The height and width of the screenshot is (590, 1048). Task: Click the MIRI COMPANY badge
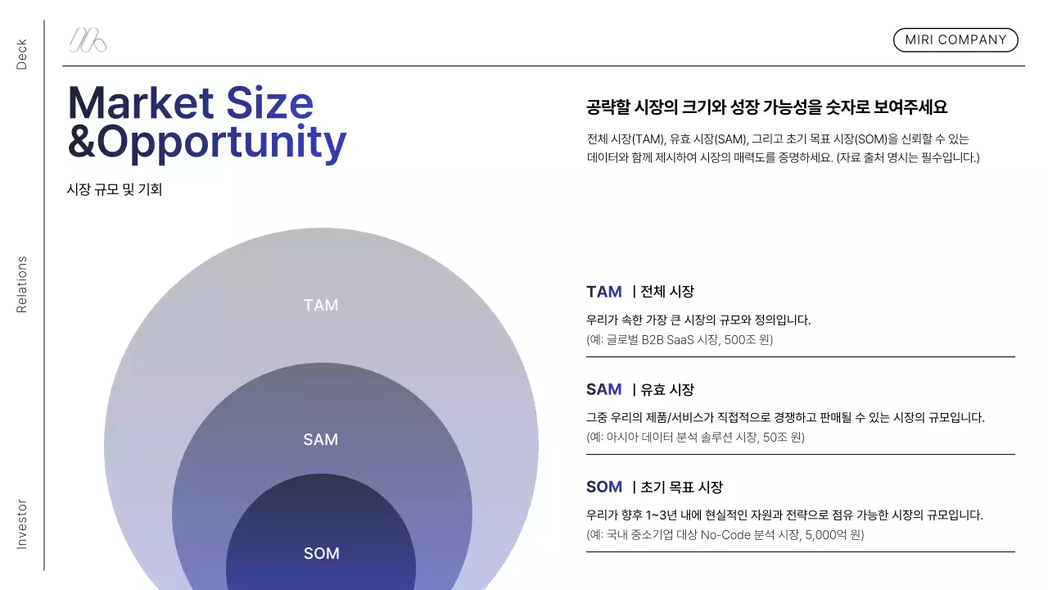click(x=955, y=40)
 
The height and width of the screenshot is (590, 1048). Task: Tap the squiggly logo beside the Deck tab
click(x=88, y=40)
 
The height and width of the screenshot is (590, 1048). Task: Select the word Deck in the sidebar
click(x=22, y=54)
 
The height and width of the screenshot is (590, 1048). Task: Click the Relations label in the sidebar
click(x=22, y=284)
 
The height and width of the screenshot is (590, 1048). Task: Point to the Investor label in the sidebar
click(x=22, y=524)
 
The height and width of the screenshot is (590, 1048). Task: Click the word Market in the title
click(x=140, y=103)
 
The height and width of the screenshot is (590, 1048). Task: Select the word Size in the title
click(x=269, y=103)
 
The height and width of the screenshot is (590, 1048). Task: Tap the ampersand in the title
click(x=81, y=142)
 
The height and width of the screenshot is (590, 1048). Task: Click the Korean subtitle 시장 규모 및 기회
click(x=115, y=189)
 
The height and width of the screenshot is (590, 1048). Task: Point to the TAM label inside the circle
click(x=321, y=306)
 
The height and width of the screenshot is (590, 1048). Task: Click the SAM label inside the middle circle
click(x=321, y=440)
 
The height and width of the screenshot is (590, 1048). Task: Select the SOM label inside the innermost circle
click(x=322, y=554)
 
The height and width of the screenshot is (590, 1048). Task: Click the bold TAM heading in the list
click(x=604, y=292)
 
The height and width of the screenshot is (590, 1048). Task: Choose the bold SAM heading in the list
click(x=604, y=389)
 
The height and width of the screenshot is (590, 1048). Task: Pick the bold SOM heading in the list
click(x=604, y=487)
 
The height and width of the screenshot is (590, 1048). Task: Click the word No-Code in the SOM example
click(x=725, y=534)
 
